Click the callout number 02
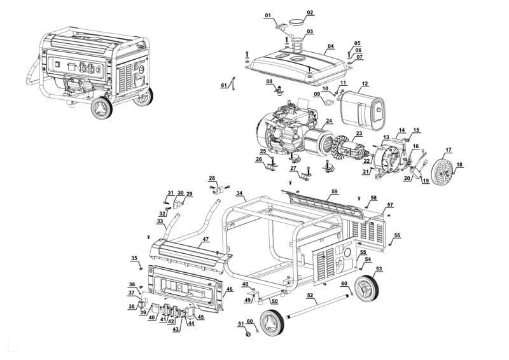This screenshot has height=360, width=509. click(x=310, y=13)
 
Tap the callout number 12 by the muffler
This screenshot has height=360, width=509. click(x=365, y=84)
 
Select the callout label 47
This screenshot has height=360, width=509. click(x=206, y=240)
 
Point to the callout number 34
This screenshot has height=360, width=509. click(x=239, y=193)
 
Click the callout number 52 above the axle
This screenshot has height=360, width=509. click(x=310, y=296)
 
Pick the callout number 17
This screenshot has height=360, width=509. click(x=449, y=150)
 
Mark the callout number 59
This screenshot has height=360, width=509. click(x=335, y=191)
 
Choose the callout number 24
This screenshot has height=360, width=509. click(x=329, y=121)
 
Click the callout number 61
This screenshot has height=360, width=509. click(x=224, y=85)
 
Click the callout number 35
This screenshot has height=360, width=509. click(x=134, y=258)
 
